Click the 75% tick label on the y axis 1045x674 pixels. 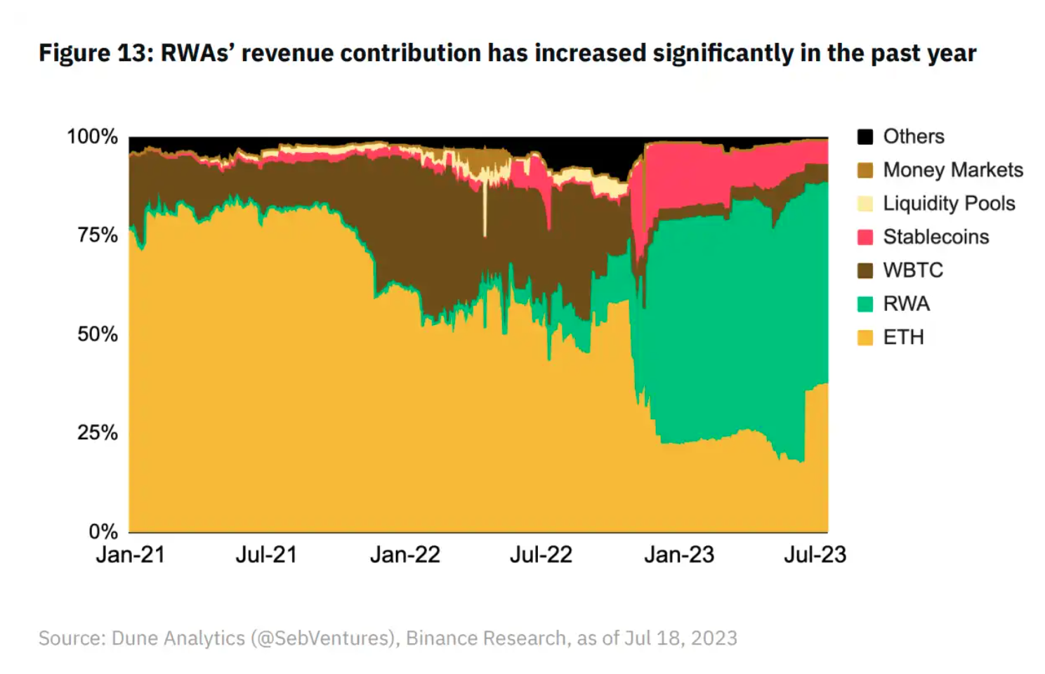tap(98, 236)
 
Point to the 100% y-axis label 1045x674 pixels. tap(93, 137)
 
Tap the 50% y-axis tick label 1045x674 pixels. tap(98, 334)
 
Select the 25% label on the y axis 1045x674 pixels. tap(98, 433)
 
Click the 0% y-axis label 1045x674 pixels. tap(103, 531)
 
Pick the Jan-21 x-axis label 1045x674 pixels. tap(131, 555)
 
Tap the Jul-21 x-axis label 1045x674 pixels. tap(266, 555)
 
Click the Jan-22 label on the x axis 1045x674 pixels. tap(405, 555)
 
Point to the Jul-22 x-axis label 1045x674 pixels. tap(541, 555)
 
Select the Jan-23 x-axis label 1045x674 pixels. tap(679, 555)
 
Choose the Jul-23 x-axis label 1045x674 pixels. tap(815, 555)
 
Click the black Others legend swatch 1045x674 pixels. tap(865, 137)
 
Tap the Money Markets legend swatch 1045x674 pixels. tap(865, 170)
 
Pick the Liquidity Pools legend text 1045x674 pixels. tap(949, 204)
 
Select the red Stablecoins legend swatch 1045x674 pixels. tap(865, 237)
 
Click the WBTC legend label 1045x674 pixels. tap(913, 270)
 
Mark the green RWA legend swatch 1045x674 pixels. tap(865, 304)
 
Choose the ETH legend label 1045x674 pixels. tap(904, 338)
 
